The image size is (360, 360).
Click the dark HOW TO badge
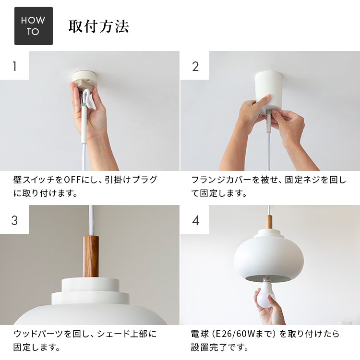34,26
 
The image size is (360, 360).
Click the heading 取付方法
99,26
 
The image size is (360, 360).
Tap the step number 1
15,66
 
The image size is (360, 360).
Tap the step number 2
195,66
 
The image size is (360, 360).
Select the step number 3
14,220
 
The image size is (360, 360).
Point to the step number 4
195,220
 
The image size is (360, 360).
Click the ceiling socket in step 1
84,80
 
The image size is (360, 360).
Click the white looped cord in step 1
89,99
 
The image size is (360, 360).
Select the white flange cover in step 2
269,92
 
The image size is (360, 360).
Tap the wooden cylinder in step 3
91,256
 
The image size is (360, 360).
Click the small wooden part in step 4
269,222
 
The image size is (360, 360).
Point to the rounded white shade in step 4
269,257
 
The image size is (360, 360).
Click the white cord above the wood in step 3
91,220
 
